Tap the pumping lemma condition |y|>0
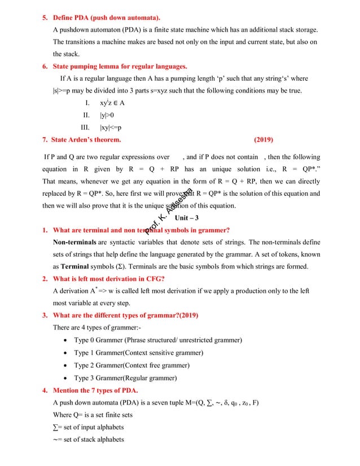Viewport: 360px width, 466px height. [x=107, y=115]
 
